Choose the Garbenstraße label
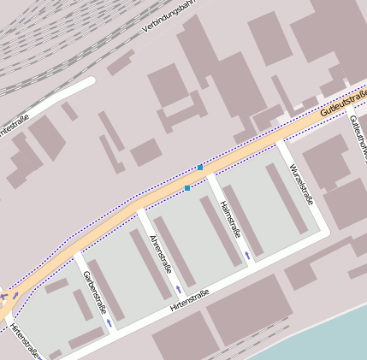point(94,292)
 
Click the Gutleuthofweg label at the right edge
point(358,137)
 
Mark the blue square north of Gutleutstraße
point(200,168)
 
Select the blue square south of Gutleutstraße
point(187,188)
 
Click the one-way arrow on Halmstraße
point(248,254)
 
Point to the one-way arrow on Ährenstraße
point(179,289)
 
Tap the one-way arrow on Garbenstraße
point(110,323)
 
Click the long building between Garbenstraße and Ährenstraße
point(149,264)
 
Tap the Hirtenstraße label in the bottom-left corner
point(26,342)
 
